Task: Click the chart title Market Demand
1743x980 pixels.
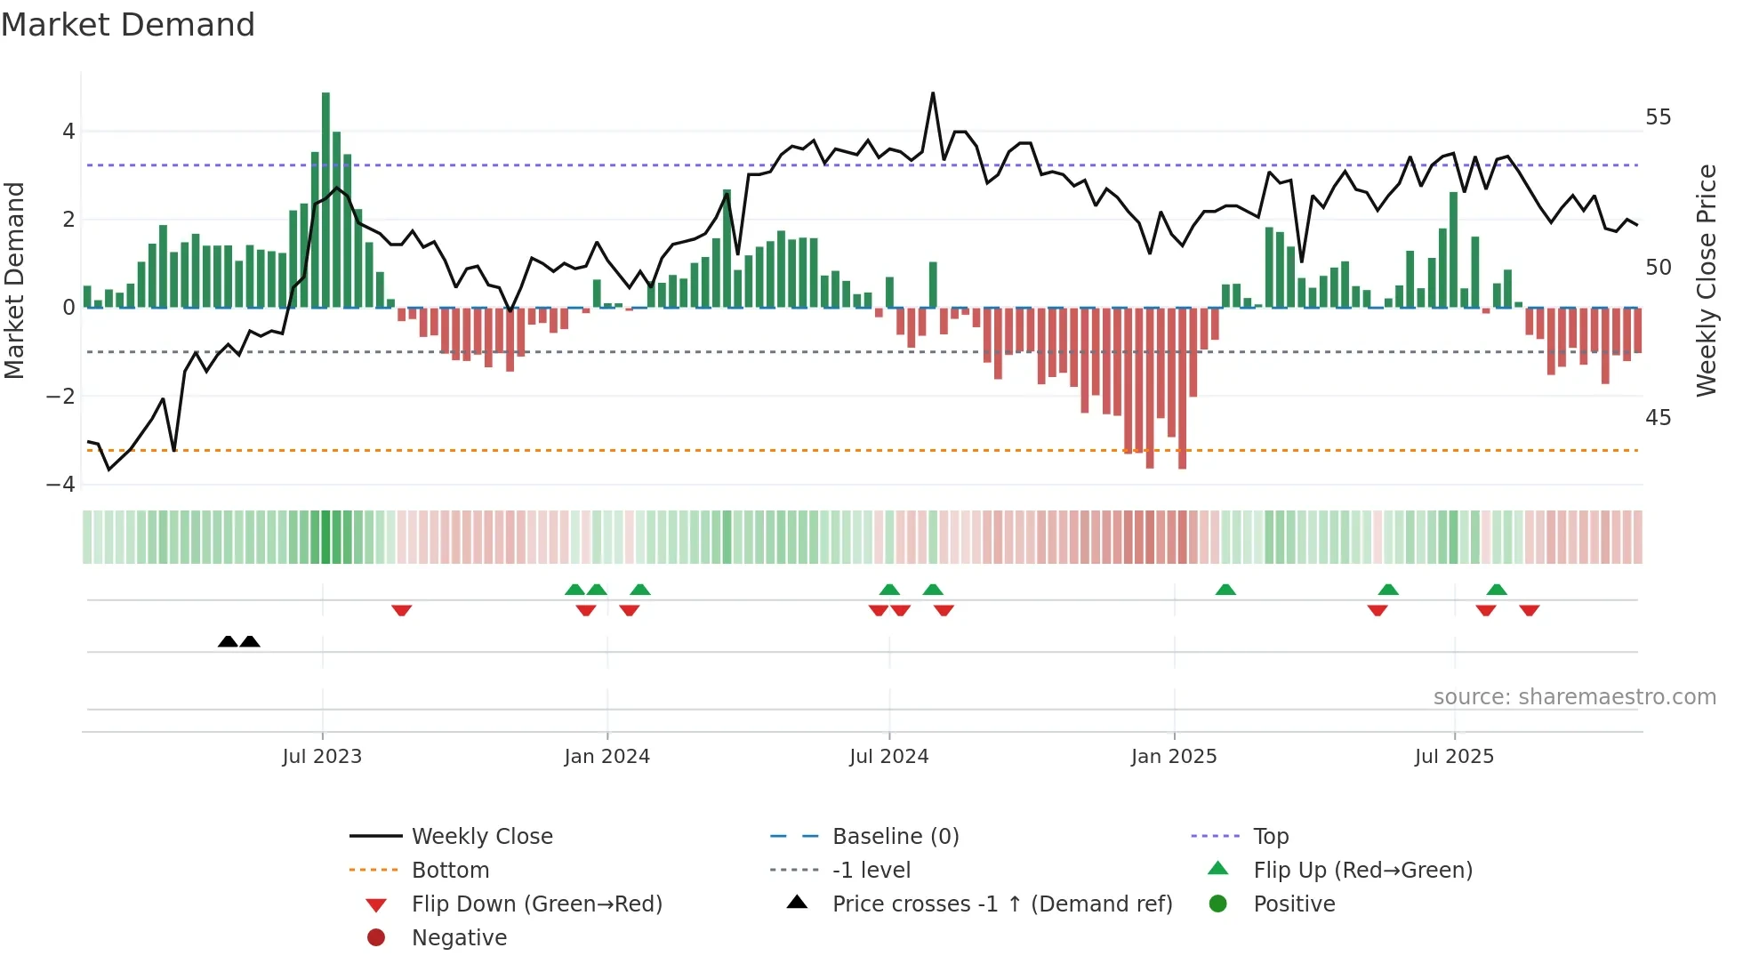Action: pos(128,25)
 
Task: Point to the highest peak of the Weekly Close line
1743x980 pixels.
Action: pos(933,93)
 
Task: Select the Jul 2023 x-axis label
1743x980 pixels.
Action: pos(322,757)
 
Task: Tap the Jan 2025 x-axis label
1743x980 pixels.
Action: pos(1174,757)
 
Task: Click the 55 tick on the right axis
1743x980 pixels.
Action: pos(1658,117)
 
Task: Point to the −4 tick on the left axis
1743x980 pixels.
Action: pos(60,485)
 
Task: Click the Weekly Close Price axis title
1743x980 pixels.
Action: pos(1706,280)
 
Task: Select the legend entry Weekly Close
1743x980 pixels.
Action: pos(481,837)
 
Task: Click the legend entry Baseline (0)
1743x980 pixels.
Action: pos(895,837)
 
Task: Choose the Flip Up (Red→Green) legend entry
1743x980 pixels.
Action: pos(1362,871)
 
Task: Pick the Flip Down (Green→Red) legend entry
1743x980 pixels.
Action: pos(536,904)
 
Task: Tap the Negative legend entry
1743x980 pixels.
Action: pos(459,938)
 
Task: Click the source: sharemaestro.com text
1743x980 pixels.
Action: pos(1574,697)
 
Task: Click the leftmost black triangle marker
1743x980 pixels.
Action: pos(228,641)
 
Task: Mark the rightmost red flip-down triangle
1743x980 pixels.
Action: pos(1530,610)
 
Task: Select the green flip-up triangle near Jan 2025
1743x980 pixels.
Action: pos(1225,590)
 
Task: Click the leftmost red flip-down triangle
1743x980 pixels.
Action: pos(401,610)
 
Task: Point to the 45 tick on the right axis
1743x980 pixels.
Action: pos(1658,418)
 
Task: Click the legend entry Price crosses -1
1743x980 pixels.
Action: pos(1001,904)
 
